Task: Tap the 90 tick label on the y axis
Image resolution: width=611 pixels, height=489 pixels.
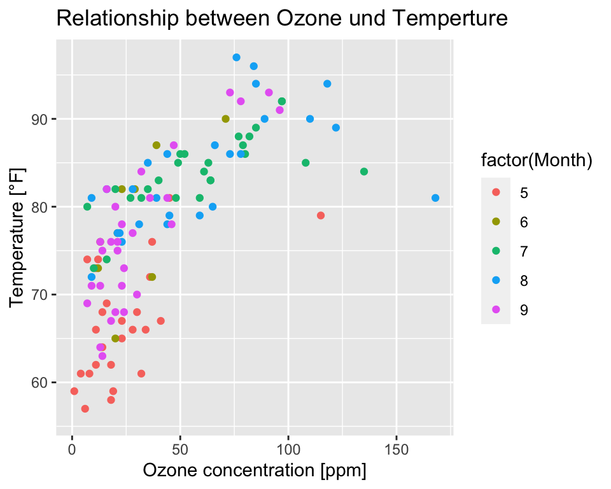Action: (x=40, y=119)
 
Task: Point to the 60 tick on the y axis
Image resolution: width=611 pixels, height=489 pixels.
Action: (x=40, y=382)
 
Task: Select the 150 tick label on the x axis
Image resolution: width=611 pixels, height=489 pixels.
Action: (x=397, y=450)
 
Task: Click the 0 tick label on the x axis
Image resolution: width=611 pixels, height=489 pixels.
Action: (x=72, y=450)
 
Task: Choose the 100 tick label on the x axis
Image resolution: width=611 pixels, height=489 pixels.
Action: (x=288, y=450)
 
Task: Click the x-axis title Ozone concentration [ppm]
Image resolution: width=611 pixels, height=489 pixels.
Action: (x=255, y=471)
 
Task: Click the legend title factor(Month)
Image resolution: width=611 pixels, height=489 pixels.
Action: (x=537, y=162)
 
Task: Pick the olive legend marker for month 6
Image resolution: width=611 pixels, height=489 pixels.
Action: (x=496, y=222)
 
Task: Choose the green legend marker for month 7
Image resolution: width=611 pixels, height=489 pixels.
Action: (x=496, y=251)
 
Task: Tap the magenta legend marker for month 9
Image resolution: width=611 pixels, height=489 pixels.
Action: (x=496, y=309)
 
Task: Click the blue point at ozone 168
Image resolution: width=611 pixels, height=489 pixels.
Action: (x=435, y=198)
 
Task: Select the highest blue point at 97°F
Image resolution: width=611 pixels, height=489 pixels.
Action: (x=236, y=57)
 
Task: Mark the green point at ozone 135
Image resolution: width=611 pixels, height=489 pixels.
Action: (x=364, y=171)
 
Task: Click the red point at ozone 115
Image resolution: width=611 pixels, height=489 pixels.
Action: (x=321, y=215)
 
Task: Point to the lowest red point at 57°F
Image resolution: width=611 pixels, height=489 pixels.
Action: (x=85, y=408)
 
